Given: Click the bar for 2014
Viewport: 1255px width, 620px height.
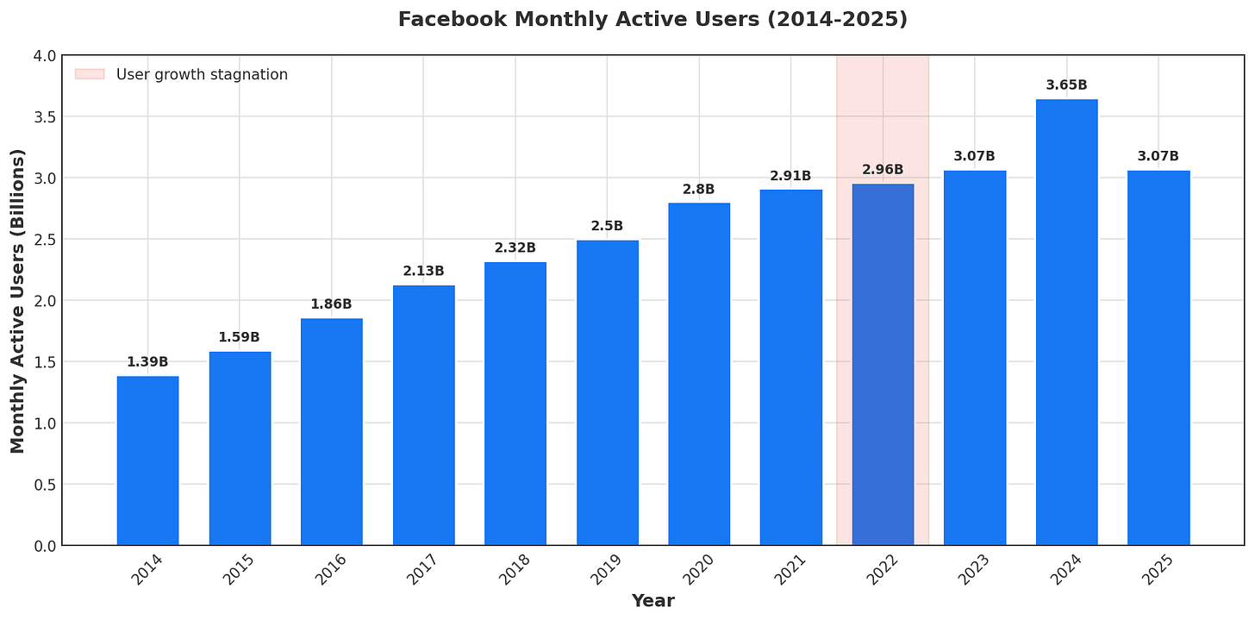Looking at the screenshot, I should [147, 460].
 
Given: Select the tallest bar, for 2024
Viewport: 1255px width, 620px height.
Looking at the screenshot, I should [1066, 323].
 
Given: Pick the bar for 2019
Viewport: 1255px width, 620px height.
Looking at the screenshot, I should [608, 392].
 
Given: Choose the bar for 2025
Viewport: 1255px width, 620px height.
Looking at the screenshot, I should [1158, 358].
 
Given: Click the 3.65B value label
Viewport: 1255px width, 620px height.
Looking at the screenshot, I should [1066, 85].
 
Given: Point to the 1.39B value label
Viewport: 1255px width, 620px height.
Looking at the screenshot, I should [147, 362].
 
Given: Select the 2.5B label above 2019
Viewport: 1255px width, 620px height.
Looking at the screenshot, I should [608, 226].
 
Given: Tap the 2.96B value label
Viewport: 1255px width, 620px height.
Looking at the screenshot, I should [883, 170].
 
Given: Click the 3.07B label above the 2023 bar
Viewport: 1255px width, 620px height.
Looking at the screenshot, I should [975, 156].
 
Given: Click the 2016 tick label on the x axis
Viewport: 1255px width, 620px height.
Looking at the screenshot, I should [331, 571].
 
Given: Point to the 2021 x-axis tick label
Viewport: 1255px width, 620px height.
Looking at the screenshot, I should [790, 571].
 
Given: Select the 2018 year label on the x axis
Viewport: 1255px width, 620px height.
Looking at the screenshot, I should [515, 571].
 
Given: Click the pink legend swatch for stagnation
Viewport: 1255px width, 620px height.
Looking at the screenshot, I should [89, 74].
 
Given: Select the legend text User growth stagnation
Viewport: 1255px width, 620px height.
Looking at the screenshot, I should [202, 74].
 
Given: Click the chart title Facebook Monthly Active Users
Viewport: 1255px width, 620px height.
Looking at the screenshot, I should [652, 19].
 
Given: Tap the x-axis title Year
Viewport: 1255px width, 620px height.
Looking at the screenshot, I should [652, 601].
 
